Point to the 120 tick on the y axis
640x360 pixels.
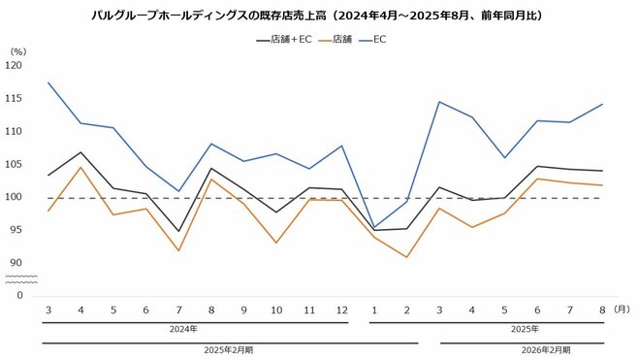13,65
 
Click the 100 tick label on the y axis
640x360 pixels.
13,197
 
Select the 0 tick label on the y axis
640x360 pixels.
18,295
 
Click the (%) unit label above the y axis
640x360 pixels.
16,49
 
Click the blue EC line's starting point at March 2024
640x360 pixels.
48,82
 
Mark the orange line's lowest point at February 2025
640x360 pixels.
406,257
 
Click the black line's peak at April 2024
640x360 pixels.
80,152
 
